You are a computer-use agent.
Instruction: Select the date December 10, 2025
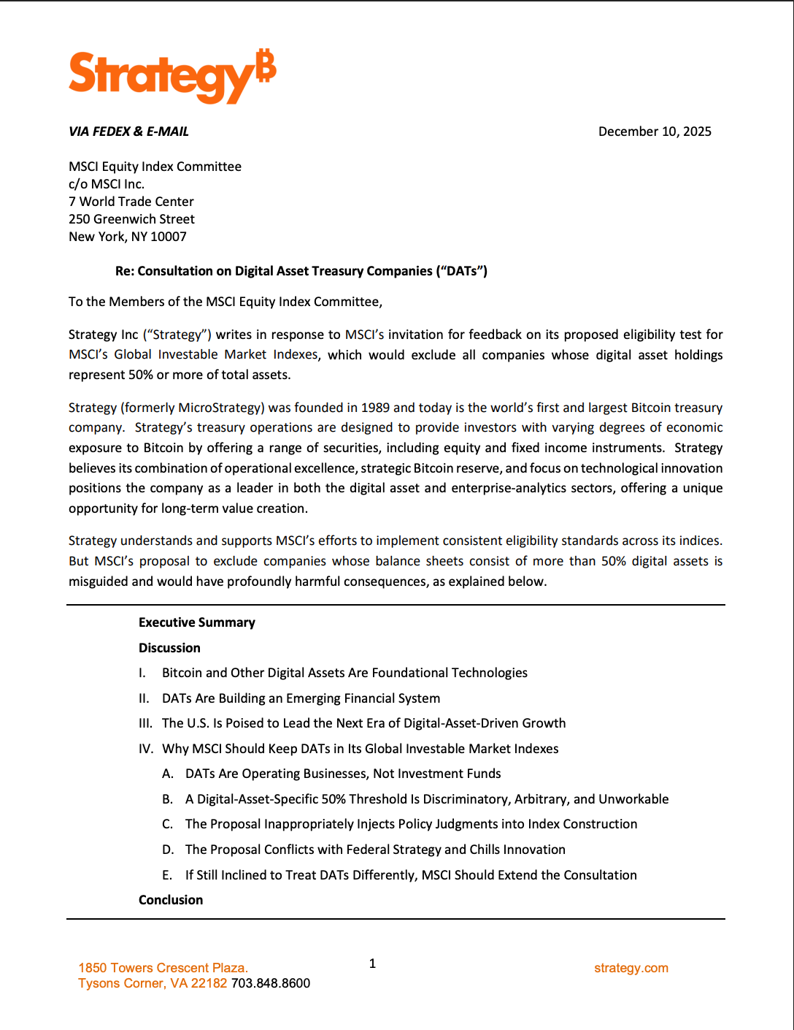(655, 131)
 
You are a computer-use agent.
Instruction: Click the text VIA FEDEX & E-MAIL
(128, 131)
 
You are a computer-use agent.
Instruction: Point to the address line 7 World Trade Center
(131, 202)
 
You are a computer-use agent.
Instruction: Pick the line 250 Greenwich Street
(131, 219)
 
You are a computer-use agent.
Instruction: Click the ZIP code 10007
(169, 237)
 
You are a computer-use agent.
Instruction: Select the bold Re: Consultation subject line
(301, 271)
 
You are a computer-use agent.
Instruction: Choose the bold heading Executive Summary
(197, 622)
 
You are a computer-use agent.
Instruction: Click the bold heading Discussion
(169, 648)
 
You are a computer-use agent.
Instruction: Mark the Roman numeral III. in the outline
(146, 723)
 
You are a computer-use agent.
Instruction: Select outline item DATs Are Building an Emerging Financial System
(301, 698)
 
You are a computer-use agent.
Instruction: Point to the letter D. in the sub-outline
(168, 850)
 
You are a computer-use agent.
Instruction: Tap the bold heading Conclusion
(171, 900)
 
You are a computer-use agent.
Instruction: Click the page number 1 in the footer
(372, 964)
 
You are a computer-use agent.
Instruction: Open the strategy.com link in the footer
(631, 968)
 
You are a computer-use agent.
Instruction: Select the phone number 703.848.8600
(271, 983)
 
